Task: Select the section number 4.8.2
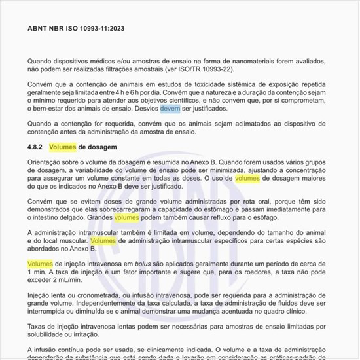click(36, 147)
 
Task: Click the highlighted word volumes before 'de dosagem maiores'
click(247, 178)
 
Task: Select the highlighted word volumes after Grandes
click(126, 217)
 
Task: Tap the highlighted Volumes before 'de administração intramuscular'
click(103, 240)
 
